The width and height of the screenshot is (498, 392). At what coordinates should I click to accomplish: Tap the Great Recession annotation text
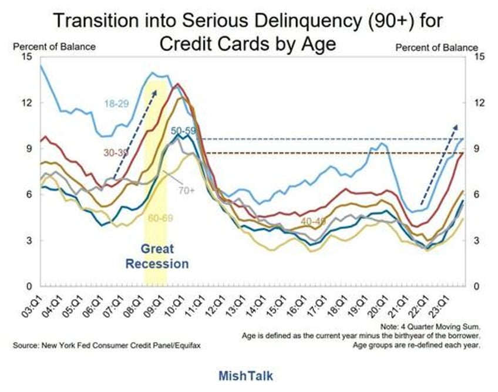coord(157,256)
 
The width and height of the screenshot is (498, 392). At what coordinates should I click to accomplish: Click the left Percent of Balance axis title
coord(54,46)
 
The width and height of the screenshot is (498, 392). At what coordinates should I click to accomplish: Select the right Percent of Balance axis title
coord(436,46)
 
